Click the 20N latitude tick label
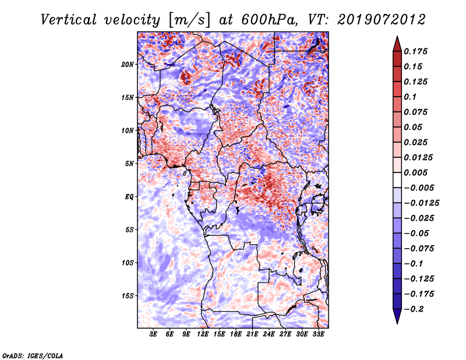(128, 65)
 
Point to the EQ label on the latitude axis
(129, 197)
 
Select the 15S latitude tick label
(128, 296)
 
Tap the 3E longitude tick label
(153, 334)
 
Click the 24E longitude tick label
(269, 334)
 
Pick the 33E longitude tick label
(318, 334)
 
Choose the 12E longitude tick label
(203, 334)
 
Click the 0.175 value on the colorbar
(415, 51)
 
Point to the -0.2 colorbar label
(414, 309)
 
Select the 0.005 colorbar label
(415, 172)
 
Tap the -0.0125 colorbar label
(421, 203)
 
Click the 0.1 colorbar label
(410, 97)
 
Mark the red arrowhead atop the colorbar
(397, 44)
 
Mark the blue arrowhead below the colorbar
(397, 316)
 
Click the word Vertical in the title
(69, 20)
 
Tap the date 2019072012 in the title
(382, 20)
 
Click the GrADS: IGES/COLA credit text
(33, 356)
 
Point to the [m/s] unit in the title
(189, 20)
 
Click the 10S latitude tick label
(128, 263)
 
